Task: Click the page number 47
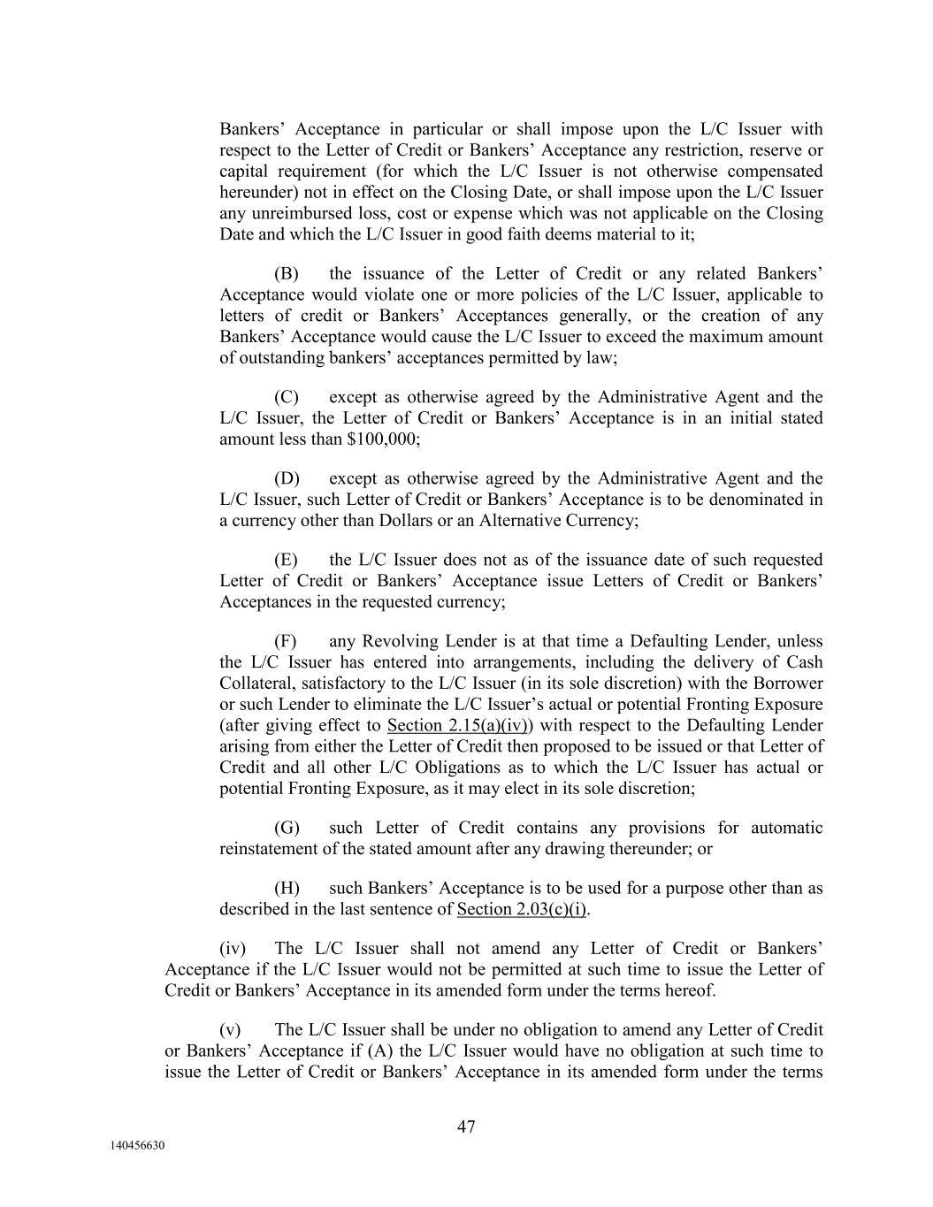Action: click(x=466, y=1127)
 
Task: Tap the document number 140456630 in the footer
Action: click(x=137, y=1146)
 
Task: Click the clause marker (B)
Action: click(x=287, y=274)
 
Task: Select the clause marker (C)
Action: click(x=287, y=398)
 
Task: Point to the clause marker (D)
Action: click(x=287, y=479)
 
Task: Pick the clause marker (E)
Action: click(x=286, y=561)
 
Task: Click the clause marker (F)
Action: click(x=286, y=642)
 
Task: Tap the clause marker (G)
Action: click(x=287, y=829)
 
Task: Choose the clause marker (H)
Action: click(x=287, y=889)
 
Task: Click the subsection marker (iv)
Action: click(x=233, y=949)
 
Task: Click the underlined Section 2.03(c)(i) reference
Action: click(x=523, y=910)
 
